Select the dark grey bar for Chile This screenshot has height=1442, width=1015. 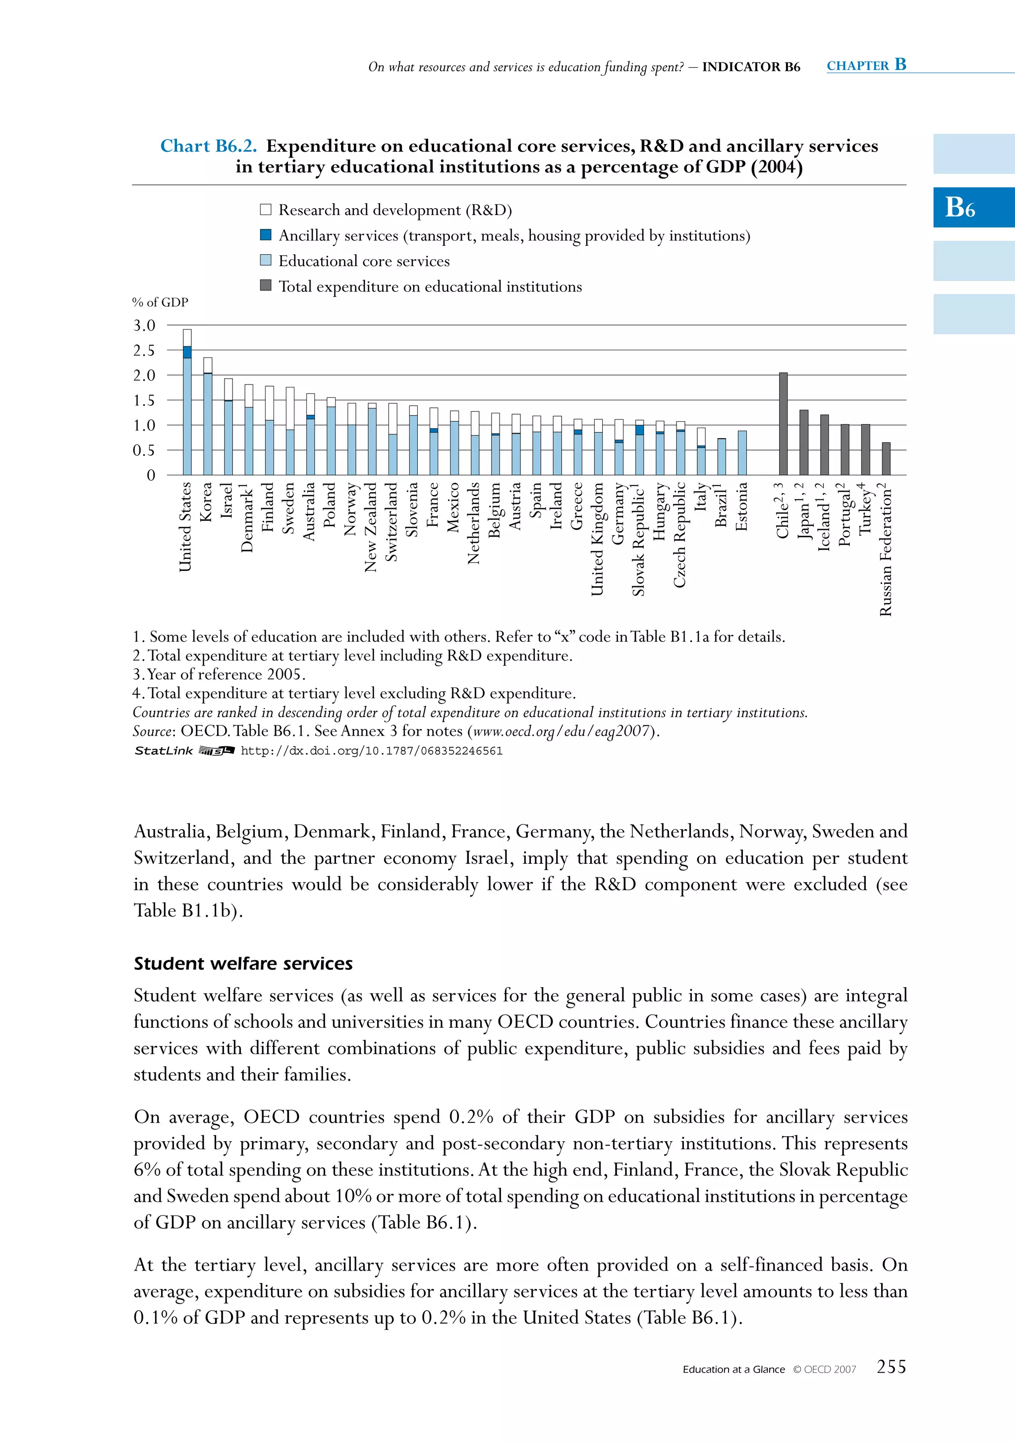point(783,425)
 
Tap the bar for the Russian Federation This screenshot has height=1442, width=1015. point(886,459)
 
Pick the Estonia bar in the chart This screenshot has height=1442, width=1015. point(742,453)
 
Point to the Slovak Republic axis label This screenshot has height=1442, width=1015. point(639,539)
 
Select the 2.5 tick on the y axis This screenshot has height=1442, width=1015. point(144,350)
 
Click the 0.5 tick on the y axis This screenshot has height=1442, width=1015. point(144,450)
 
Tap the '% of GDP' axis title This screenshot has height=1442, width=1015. point(160,302)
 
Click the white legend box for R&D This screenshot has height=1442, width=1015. point(266,210)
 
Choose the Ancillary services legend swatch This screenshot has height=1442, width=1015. point(266,235)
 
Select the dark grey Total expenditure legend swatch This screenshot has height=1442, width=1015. point(266,286)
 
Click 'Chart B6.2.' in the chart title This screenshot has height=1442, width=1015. point(209,146)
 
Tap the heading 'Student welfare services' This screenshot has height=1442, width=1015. point(243,963)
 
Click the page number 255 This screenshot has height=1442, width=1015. point(891,1367)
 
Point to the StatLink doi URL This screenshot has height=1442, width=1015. point(372,751)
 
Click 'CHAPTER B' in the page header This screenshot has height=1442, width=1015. point(866,65)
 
